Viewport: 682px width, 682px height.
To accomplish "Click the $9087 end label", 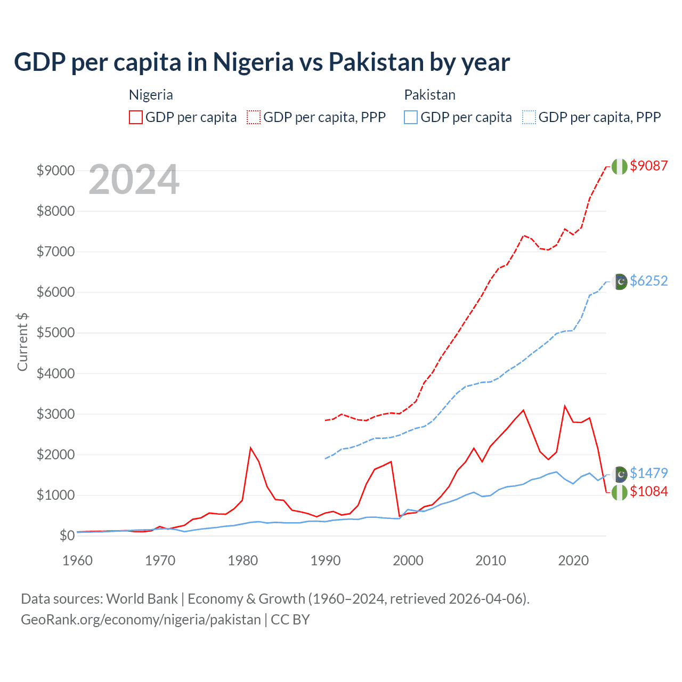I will click(648, 166).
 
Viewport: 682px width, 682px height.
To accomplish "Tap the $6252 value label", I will click(648, 281).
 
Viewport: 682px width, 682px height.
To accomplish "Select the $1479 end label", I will click(648, 473).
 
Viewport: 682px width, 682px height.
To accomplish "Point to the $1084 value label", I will click(648, 491).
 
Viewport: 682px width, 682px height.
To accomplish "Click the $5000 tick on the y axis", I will click(55, 333).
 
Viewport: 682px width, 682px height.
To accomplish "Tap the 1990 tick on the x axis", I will click(326, 561).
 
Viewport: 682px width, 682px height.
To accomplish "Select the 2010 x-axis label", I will click(491, 561).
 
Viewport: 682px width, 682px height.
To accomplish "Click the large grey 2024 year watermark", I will click(134, 180).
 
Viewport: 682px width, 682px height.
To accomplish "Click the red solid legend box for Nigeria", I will click(136, 117).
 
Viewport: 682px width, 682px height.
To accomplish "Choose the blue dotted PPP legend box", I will click(529, 117).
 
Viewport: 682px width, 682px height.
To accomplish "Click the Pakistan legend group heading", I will click(429, 95).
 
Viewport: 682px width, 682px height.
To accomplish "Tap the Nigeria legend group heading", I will click(151, 95).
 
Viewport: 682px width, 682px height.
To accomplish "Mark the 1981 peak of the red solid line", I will click(250, 448).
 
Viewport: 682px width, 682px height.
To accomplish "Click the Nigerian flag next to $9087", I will click(619, 166).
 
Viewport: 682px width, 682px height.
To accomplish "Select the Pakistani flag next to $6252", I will click(620, 281).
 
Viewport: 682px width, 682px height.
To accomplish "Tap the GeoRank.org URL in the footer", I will click(141, 620).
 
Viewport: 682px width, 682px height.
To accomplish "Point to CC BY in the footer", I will click(290, 620).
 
